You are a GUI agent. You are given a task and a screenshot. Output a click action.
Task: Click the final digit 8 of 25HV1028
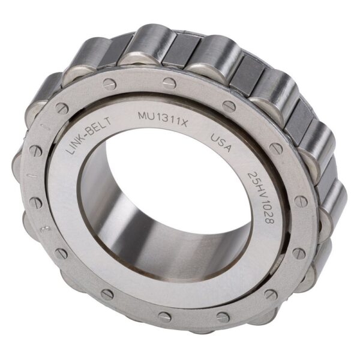tap(265, 219)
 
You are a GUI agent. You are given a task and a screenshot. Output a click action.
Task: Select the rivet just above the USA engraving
tap(230, 106)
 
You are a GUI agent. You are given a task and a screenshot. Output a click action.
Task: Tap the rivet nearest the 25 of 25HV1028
tap(275, 147)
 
